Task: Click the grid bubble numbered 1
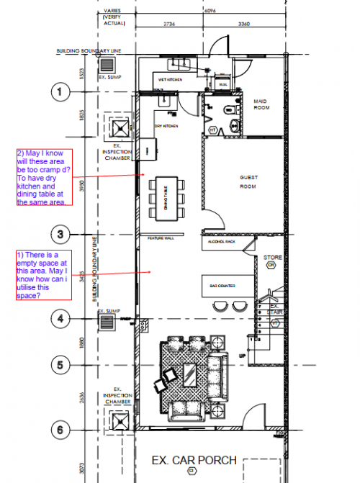point(60,91)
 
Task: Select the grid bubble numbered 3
point(60,234)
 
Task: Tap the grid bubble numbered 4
point(60,317)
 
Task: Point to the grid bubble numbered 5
point(60,365)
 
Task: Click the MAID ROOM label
point(261,105)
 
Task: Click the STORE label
point(271,257)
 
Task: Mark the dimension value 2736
point(169,24)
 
